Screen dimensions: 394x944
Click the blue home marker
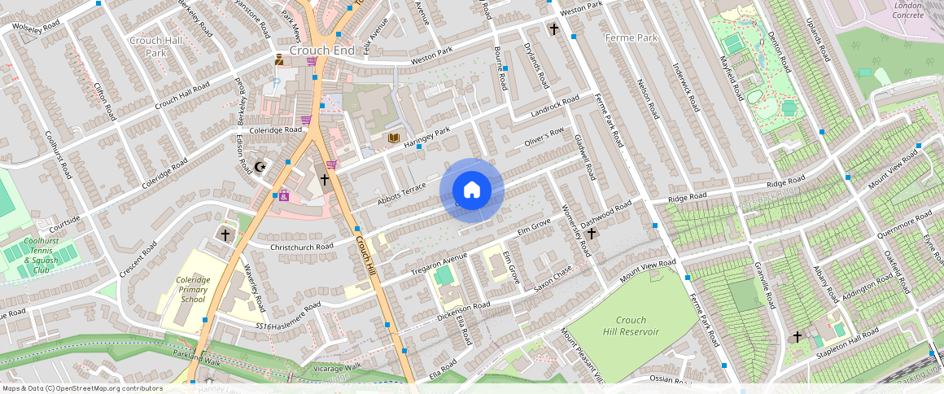(472, 190)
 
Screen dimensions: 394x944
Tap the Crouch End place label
(323, 50)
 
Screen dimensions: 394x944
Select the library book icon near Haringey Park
(394, 138)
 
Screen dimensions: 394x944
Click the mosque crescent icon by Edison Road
(260, 167)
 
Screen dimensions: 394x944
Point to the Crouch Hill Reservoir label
(631, 326)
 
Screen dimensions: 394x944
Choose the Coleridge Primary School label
(193, 290)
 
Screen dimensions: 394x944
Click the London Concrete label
(907, 11)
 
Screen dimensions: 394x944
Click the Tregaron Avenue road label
(439, 264)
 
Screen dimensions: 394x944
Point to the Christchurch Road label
(290, 247)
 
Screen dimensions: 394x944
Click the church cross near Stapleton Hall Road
(798, 336)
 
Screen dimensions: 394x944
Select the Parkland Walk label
(196, 354)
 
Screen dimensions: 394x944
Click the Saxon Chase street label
(553, 278)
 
